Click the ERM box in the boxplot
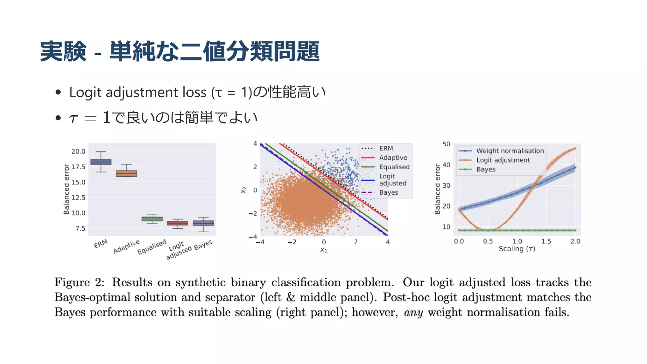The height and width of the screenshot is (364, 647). coord(101,162)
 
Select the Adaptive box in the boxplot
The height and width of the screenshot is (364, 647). coord(126,173)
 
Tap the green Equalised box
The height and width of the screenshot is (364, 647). coord(152,219)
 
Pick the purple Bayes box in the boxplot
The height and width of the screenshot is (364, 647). coord(203,223)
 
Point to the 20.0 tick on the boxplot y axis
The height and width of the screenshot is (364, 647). coord(78,151)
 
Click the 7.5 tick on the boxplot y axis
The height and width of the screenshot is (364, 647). coord(80,228)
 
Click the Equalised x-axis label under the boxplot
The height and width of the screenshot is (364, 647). coord(152,247)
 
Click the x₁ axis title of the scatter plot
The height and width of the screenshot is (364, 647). coord(324,250)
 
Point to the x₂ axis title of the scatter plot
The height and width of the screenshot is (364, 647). coord(243,190)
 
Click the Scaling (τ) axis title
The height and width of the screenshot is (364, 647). coord(517,249)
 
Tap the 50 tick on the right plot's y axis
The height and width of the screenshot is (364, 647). coord(446,144)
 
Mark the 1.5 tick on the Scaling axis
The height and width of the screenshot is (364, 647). coord(546,241)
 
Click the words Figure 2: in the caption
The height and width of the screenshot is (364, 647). coord(79,282)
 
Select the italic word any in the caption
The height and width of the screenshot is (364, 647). coord(413,312)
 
